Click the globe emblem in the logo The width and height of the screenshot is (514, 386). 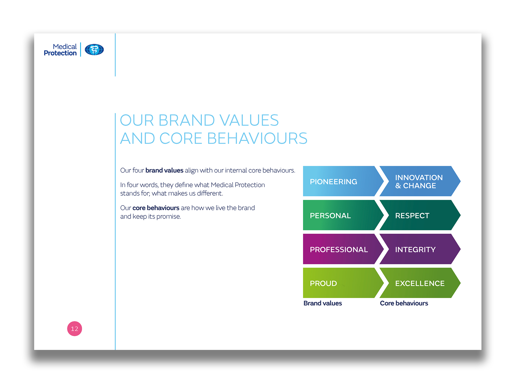click(x=94, y=50)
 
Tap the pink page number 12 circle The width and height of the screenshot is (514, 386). click(x=74, y=328)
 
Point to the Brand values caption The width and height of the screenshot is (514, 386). click(x=323, y=303)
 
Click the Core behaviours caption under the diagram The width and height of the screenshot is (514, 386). click(x=404, y=303)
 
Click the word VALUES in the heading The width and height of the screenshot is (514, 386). click(x=249, y=120)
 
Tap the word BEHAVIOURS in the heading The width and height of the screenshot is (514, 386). click(x=257, y=138)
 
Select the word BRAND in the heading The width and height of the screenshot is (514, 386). click(x=187, y=120)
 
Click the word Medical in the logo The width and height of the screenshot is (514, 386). click(x=65, y=47)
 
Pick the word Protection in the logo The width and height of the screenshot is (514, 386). click(x=60, y=53)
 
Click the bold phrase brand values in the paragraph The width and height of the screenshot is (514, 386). click(x=164, y=170)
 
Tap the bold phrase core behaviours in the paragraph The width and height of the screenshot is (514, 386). click(x=156, y=208)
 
